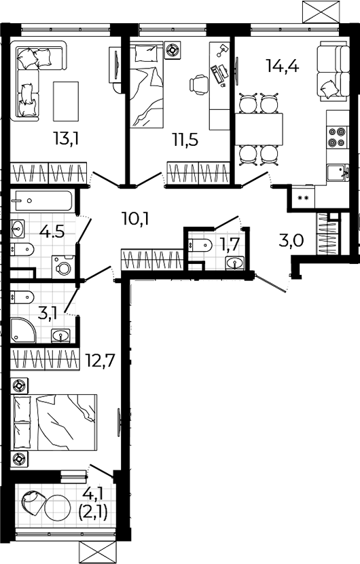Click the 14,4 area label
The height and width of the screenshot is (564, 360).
(283, 66)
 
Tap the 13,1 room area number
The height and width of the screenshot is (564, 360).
(66, 138)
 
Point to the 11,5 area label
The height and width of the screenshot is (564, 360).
(185, 140)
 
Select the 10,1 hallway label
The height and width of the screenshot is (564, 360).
(135, 219)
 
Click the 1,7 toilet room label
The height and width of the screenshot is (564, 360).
(230, 245)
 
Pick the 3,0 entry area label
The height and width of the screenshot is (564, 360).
(291, 240)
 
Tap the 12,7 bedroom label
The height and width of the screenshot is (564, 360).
(101, 360)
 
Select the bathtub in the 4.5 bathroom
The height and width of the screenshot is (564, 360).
(43, 201)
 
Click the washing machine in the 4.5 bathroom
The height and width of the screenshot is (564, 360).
(63, 267)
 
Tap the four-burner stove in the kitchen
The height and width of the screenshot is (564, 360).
(336, 136)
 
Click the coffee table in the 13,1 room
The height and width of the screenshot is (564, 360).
(66, 101)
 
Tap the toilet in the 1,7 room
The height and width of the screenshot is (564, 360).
(200, 245)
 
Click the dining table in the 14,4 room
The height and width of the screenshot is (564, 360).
(259, 129)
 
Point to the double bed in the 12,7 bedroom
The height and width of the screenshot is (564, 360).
(55, 422)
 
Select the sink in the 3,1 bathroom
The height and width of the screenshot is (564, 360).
(62, 336)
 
